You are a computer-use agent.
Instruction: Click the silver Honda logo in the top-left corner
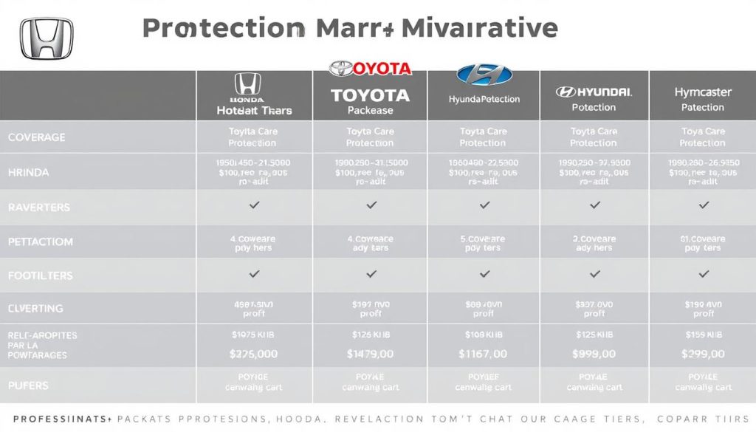coord(47,38)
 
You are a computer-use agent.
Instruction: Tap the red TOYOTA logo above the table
coord(370,69)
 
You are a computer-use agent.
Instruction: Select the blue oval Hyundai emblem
coord(484,75)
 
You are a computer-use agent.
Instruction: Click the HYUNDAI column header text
coord(594,92)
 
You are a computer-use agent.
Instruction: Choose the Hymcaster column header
coord(702,92)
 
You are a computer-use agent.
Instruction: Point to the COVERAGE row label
coord(36,137)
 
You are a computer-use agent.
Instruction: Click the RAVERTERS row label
coord(38,208)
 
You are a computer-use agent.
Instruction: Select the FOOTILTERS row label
coord(40,275)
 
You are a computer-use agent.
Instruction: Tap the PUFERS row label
coord(30,385)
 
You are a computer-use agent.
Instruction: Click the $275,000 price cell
coord(253,354)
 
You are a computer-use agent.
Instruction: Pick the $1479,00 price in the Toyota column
coord(370,354)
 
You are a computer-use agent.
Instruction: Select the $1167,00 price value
coord(483,354)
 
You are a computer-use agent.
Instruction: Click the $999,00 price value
coord(594,354)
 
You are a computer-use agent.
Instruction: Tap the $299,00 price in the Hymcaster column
coord(702,354)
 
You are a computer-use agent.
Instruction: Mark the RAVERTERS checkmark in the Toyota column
coord(371,205)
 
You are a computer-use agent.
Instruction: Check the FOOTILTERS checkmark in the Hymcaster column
coord(703,274)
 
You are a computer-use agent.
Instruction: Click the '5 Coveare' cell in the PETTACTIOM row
coord(483,239)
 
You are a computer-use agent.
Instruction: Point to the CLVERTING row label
coord(35,309)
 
